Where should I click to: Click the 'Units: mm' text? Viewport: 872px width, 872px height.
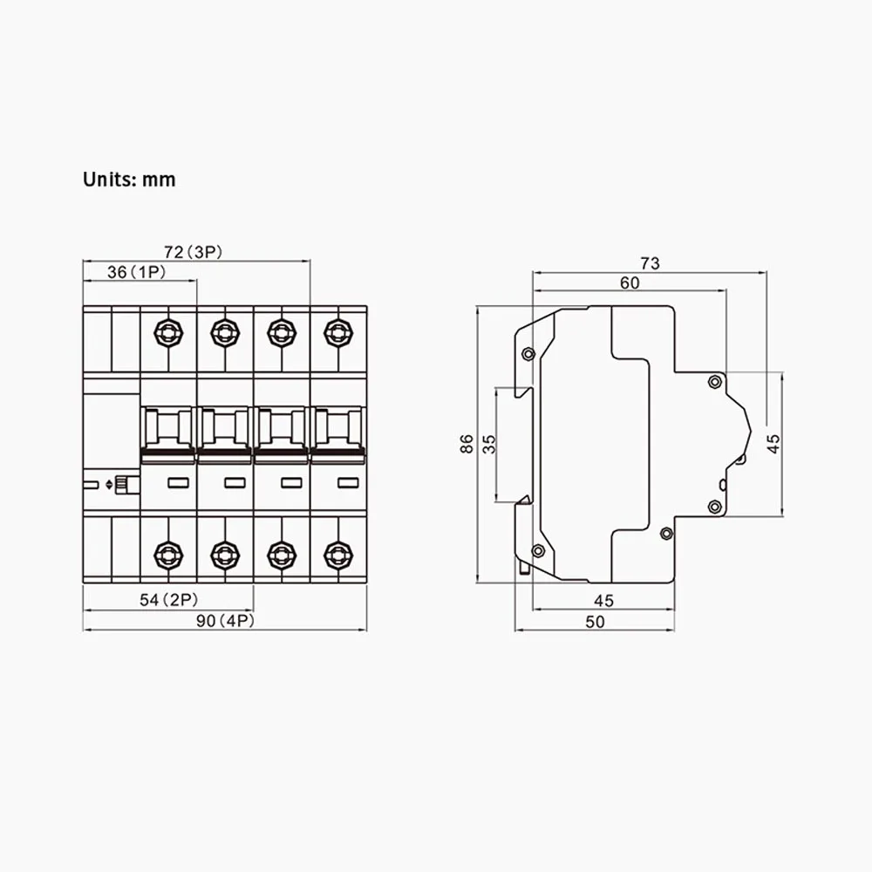(x=129, y=180)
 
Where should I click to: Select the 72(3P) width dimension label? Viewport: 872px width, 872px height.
(x=194, y=253)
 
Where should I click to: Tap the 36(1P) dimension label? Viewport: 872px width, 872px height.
(x=137, y=273)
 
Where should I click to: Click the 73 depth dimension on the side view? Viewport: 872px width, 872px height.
(x=650, y=262)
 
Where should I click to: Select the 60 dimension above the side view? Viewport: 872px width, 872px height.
(x=630, y=283)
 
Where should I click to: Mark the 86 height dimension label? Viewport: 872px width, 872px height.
(x=467, y=444)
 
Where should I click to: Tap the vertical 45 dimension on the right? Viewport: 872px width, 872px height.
(x=773, y=444)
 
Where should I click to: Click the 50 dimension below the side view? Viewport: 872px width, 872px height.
(x=596, y=621)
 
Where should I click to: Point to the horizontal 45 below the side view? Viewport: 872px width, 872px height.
(x=603, y=601)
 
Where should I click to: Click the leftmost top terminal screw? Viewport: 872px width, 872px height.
(x=167, y=330)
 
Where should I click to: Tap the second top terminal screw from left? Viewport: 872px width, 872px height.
(x=224, y=330)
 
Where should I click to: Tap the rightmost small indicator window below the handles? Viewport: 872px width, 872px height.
(x=347, y=482)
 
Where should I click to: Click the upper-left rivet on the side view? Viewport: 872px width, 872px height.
(x=528, y=353)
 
